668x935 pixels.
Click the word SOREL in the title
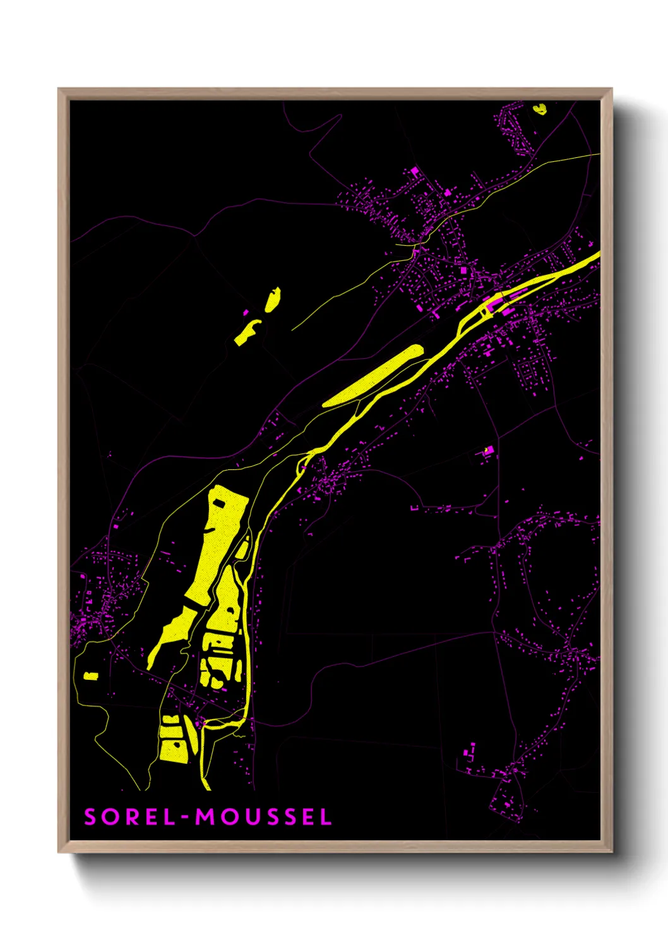130,817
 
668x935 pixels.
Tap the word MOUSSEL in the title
263,817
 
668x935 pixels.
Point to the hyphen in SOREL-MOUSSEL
185,817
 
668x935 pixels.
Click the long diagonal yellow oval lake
373,376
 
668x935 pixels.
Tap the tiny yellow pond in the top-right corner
539,109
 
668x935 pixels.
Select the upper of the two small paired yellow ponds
272,299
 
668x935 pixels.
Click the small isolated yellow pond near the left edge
91,675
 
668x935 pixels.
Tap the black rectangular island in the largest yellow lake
218,503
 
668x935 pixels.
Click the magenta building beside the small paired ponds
246,312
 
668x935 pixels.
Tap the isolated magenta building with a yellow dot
487,450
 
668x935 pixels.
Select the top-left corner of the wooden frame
59,89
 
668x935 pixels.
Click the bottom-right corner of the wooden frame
611,852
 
